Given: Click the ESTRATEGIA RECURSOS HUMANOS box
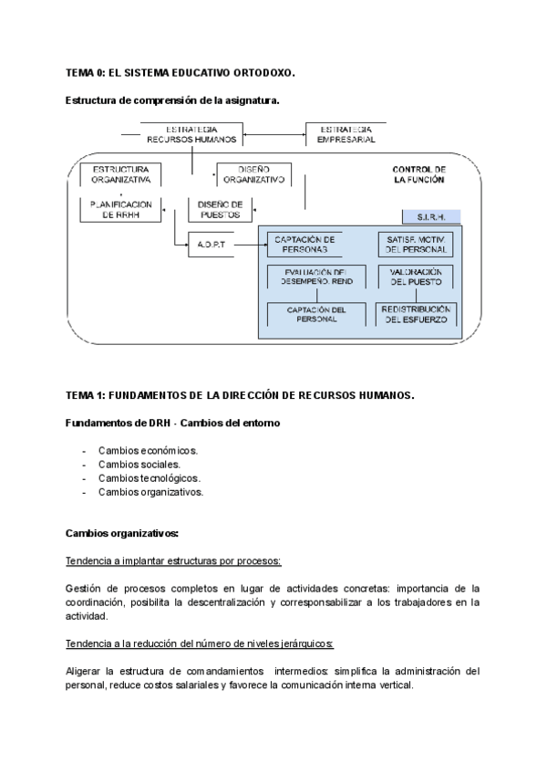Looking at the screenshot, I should click(x=191, y=134).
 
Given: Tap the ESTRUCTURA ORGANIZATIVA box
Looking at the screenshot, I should click(x=121, y=175).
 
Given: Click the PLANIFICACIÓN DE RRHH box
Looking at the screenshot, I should click(x=120, y=210).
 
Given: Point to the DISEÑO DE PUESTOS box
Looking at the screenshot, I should click(x=220, y=210).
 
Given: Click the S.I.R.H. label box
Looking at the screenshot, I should click(x=430, y=217).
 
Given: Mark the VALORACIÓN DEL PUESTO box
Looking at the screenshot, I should click(x=416, y=277).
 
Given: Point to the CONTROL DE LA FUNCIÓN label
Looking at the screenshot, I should click(x=419, y=175).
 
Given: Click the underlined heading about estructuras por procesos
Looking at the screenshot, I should click(x=173, y=560).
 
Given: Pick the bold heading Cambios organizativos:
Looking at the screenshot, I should click(x=122, y=533).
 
